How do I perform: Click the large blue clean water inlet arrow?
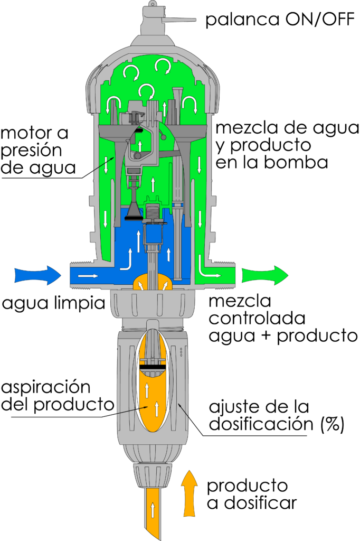[38, 275]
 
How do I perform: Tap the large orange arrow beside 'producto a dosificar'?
[190, 493]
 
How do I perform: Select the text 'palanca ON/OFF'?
[280, 20]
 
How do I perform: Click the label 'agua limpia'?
[53, 303]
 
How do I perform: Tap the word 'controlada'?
[257, 318]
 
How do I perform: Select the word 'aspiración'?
[46, 387]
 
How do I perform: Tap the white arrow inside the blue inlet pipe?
[88, 276]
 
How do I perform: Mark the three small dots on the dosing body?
[182, 352]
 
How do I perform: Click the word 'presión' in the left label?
[32, 151]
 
